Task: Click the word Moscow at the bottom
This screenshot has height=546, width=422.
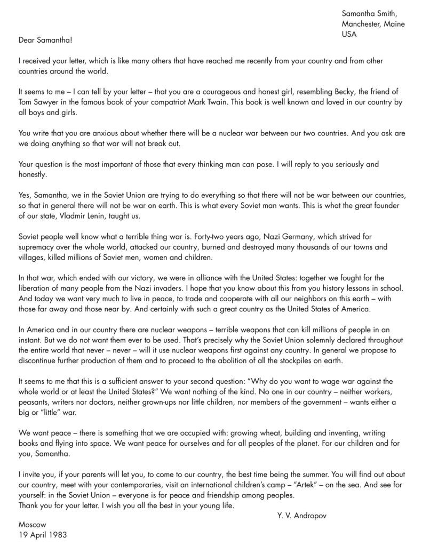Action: pos(33,524)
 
